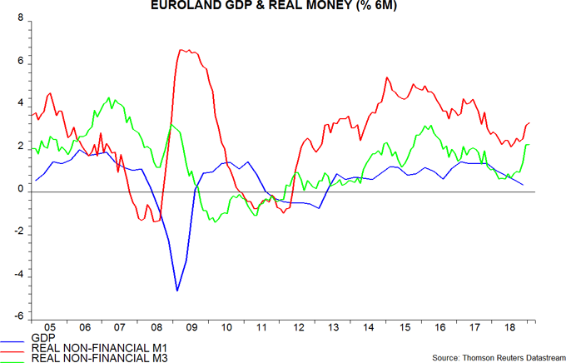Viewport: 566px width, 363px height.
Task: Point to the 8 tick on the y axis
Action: pyautogui.click(x=20, y=19)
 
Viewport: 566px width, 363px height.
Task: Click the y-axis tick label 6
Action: pyautogui.click(x=20, y=62)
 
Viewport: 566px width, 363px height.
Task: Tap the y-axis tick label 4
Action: pyautogui.click(x=20, y=105)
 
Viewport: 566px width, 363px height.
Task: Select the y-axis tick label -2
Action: pyautogui.click(x=18, y=232)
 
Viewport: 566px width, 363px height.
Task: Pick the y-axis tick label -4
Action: pyautogui.click(x=18, y=275)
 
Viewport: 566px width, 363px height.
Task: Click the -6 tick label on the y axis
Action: pyautogui.click(x=18, y=318)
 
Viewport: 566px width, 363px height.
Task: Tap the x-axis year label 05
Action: pyautogui.click(x=49, y=329)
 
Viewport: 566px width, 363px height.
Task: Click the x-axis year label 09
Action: pyautogui.click(x=192, y=329)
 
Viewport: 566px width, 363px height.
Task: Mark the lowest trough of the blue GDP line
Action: pyautogui.click(x=177, y=291)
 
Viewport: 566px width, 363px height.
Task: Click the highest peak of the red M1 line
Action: pyautogui.click(x=182, y=50)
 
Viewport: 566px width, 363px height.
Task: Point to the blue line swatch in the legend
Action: pyautogui.click(x=13, y=343)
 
